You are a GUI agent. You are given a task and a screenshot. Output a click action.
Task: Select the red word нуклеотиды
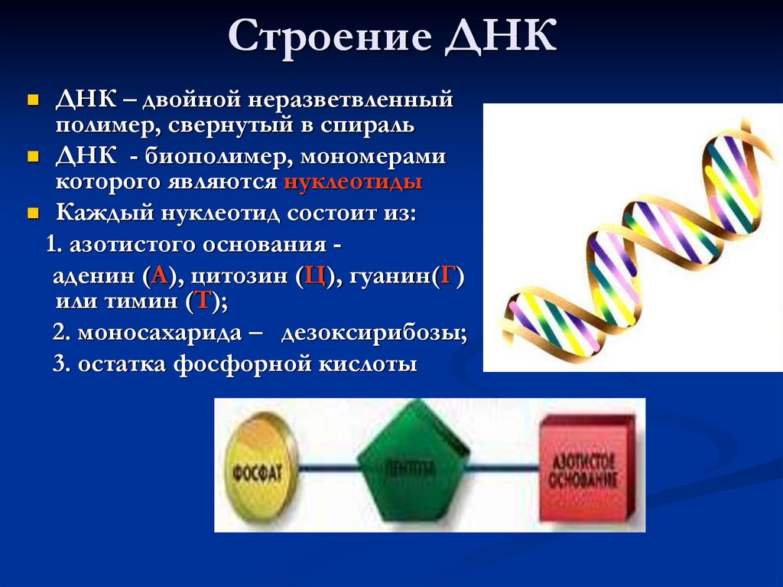click(x=353, y=183)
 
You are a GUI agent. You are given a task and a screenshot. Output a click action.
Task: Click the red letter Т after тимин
click(x=203, y=301)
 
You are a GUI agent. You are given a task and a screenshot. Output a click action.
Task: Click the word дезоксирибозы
click(x=374, y=334)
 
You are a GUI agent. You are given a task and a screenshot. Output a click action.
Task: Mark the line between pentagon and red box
click(x=505, y=467)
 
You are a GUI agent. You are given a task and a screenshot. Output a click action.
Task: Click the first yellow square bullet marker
click(x=32, y=100)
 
